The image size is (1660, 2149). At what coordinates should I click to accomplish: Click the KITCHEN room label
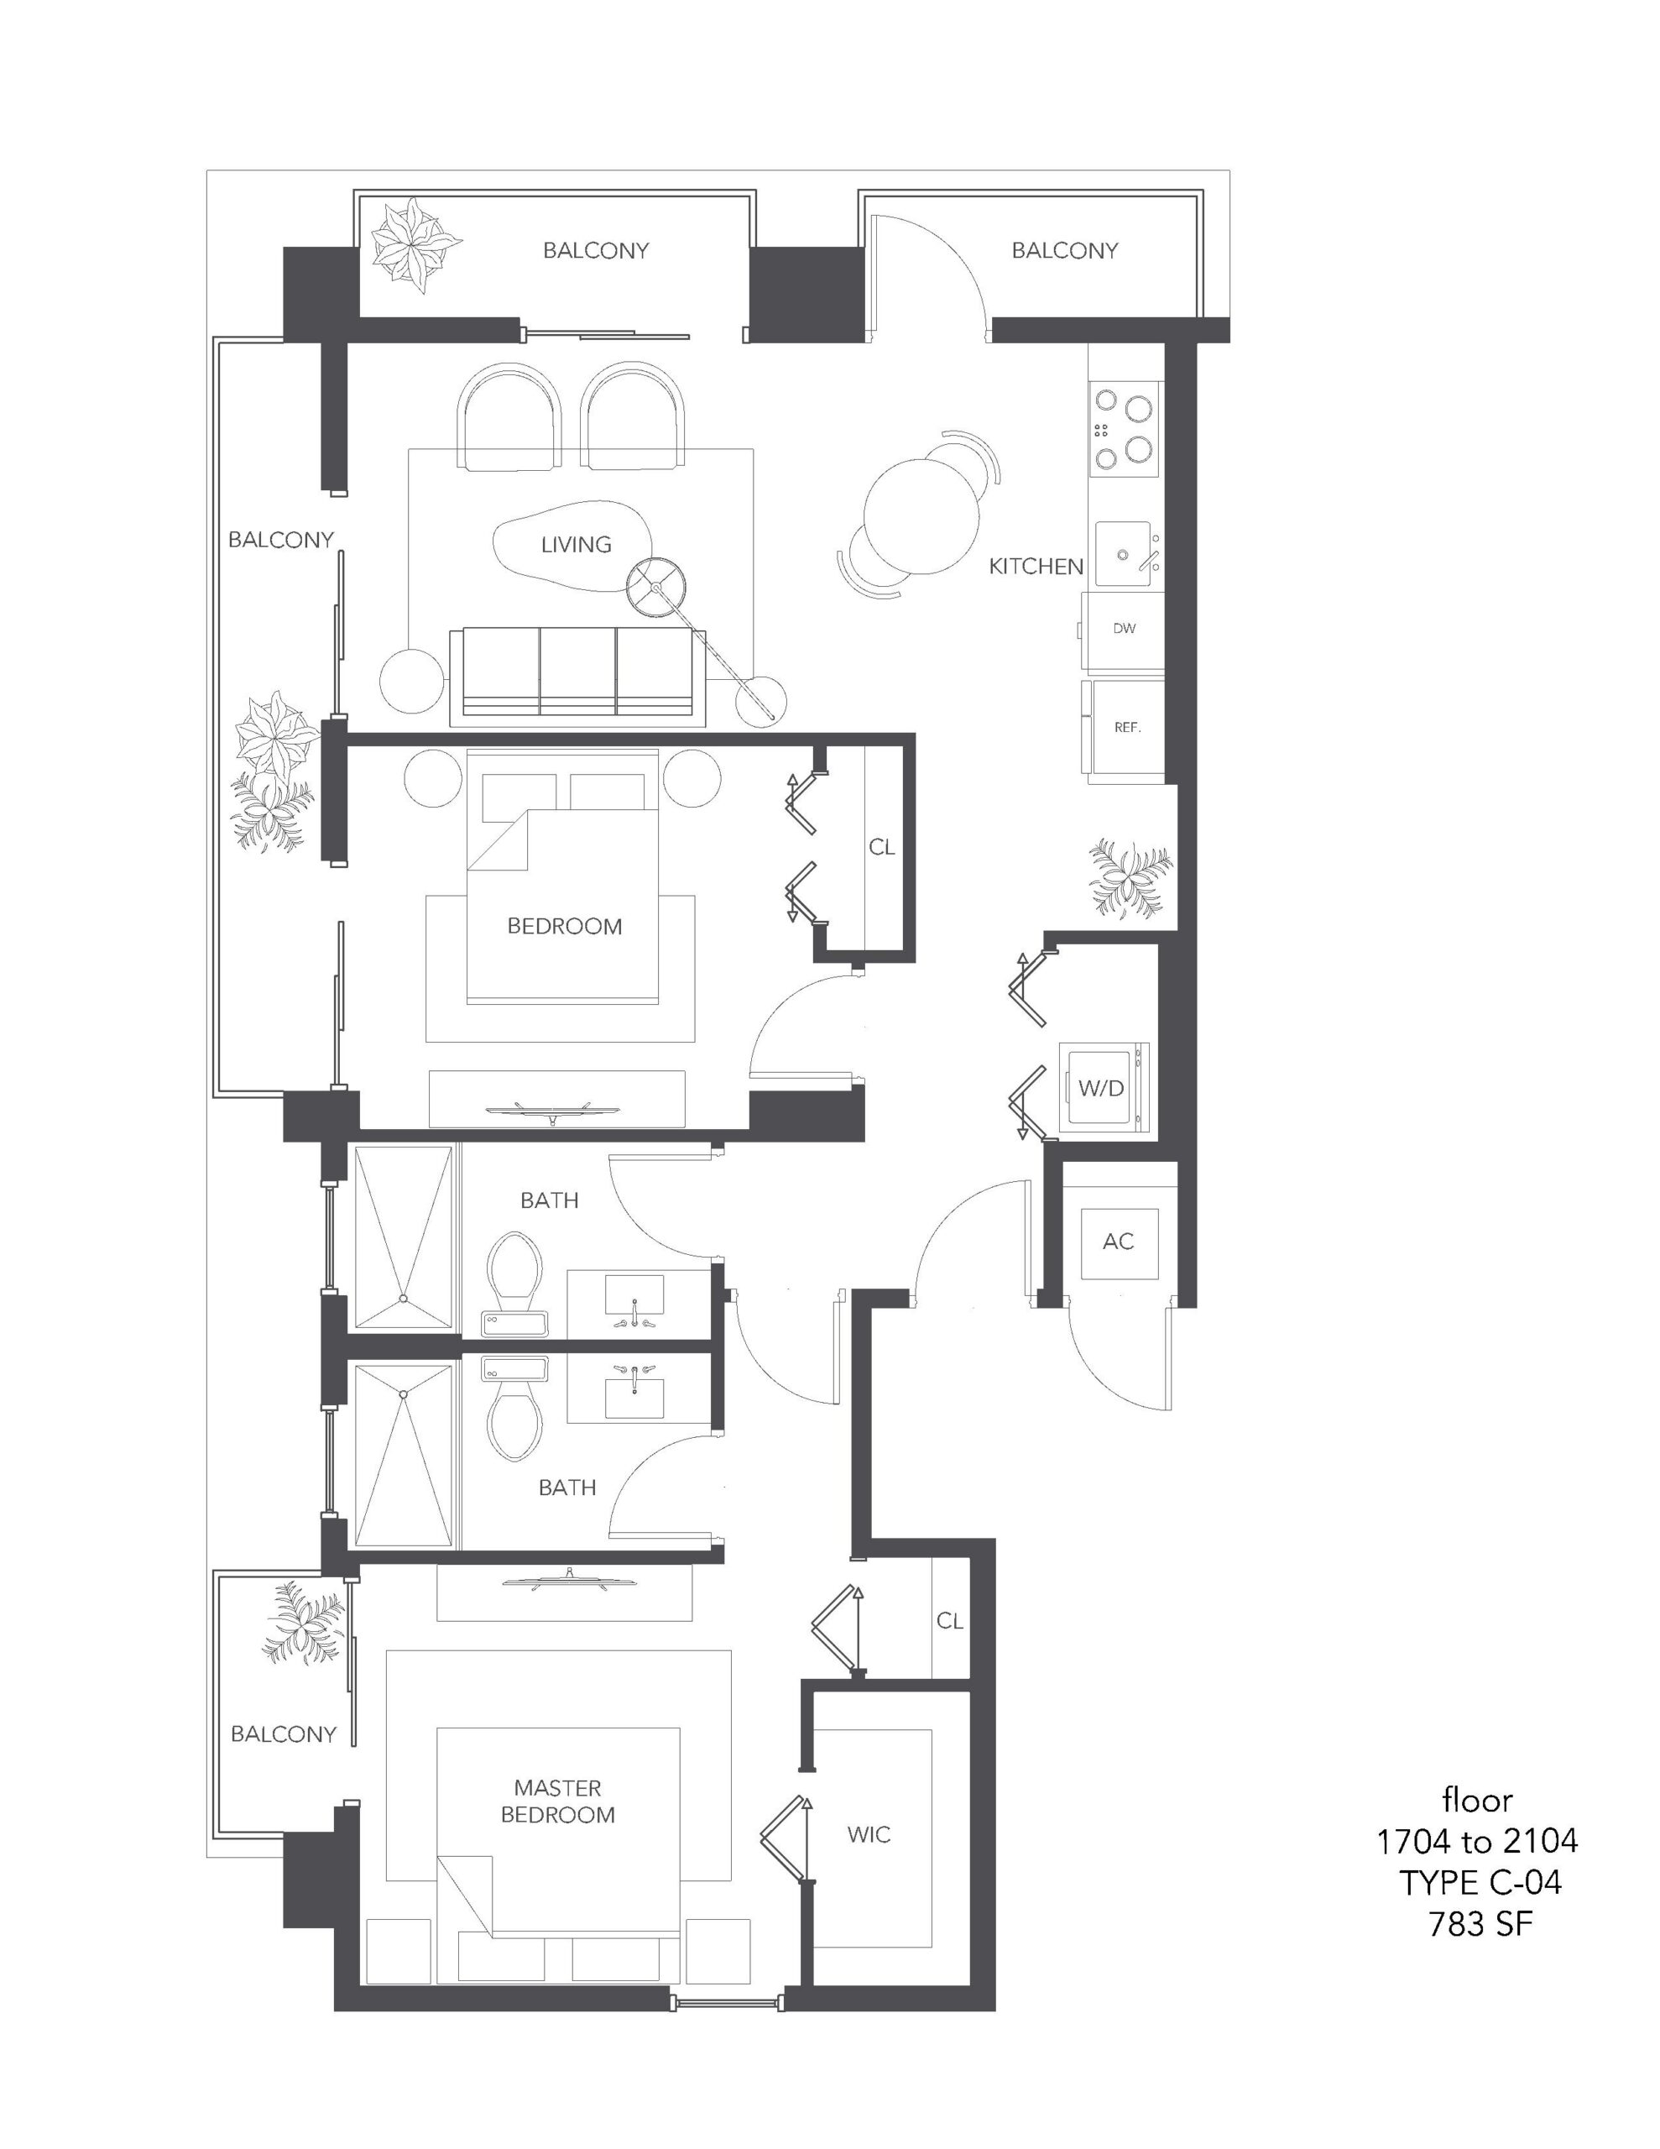pyautogui.click(x=1035, y=566)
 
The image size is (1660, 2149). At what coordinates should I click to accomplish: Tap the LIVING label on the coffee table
pyautogui.click(x=576, y=544)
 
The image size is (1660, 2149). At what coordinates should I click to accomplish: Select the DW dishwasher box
pyautogui.click(x=1123, y=629)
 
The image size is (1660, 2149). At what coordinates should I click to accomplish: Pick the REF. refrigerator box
pyautogui.click(x=1124, y=728)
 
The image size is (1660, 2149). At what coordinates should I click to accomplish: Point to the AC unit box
pyautogui.click(x=1119, y=1242)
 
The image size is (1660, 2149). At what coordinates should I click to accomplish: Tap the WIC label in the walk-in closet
pyautogui.click(x=869, y=1834)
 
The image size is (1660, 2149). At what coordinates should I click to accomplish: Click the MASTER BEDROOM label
pyautogui.click(x=558, y=1801)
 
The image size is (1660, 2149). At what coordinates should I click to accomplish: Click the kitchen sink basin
pyautogui.click(x=1123, y=554)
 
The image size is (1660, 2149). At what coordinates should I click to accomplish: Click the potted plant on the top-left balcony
pyautogui.click(x=415, y=245)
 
